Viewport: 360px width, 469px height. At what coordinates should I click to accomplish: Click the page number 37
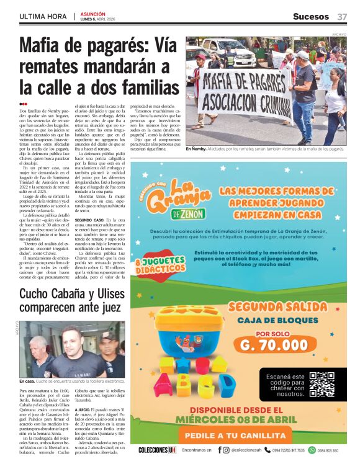point(342,16)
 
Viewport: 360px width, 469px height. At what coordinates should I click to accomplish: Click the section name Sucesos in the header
point(312,16)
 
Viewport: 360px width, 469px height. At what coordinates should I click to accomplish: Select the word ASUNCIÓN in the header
point(92,13)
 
